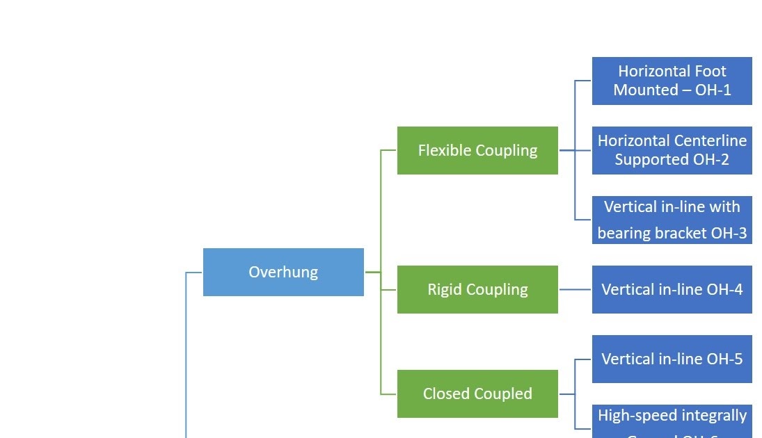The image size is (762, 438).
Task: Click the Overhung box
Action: tap(283, 272)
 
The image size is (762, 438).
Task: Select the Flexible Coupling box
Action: tap(477, 150)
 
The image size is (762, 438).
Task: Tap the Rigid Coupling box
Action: tap(477, 289)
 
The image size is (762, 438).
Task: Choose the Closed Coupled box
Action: tap(477, 394)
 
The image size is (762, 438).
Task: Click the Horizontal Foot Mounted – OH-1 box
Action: tap(672, 81)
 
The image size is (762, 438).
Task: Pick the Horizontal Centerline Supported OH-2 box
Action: tap(672, 150)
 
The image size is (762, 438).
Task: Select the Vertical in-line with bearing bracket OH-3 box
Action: tap(672, 220)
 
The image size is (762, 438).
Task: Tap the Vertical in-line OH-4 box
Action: tap(672, 289)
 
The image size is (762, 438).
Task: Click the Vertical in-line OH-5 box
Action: tap(672, 359)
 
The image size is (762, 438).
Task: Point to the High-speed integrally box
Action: tap(672, 420)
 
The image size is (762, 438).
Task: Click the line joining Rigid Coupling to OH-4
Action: tap(575, 289)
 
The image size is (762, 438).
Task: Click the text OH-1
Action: tap(713, 90)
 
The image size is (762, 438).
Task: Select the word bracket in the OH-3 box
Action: tap(681, 234)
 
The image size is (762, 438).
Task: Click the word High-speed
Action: tap(634, 416)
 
